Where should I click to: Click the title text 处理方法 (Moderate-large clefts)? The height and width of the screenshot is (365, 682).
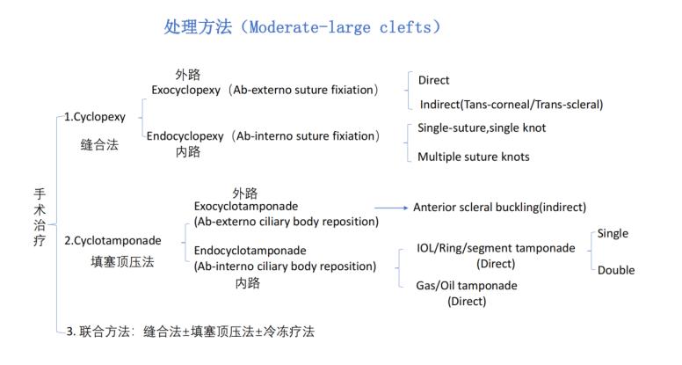pos(302,27)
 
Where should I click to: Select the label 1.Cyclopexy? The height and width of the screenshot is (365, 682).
pos(95,116)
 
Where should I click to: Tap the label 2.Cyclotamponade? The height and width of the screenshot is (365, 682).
pos(112,240)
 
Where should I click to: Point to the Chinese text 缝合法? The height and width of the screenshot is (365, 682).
pos(99,145)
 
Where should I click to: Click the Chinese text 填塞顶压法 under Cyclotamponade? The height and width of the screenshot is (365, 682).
pos(122,261)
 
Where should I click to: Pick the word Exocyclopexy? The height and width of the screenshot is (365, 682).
pos(187,90)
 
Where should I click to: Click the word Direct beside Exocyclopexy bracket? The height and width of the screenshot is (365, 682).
pos(434,80)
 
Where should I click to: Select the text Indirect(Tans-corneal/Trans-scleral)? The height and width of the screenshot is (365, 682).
pos(510,105)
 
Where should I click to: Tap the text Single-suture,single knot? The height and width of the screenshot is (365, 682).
pos(482,128)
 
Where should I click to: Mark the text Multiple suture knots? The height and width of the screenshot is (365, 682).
pos(474,157)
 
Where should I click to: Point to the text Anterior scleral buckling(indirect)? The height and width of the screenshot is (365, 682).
pos(499,208)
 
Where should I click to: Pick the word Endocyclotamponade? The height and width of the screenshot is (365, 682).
pos(250,251)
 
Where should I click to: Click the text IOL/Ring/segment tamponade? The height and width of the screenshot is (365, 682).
pos(496,248)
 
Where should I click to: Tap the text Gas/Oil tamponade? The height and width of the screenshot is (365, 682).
pos(467,286)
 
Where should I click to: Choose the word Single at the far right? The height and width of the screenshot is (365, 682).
pos(613,234)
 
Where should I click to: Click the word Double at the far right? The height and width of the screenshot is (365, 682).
pos(616,270)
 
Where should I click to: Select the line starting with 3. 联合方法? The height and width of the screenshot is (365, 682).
pos(189,332)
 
